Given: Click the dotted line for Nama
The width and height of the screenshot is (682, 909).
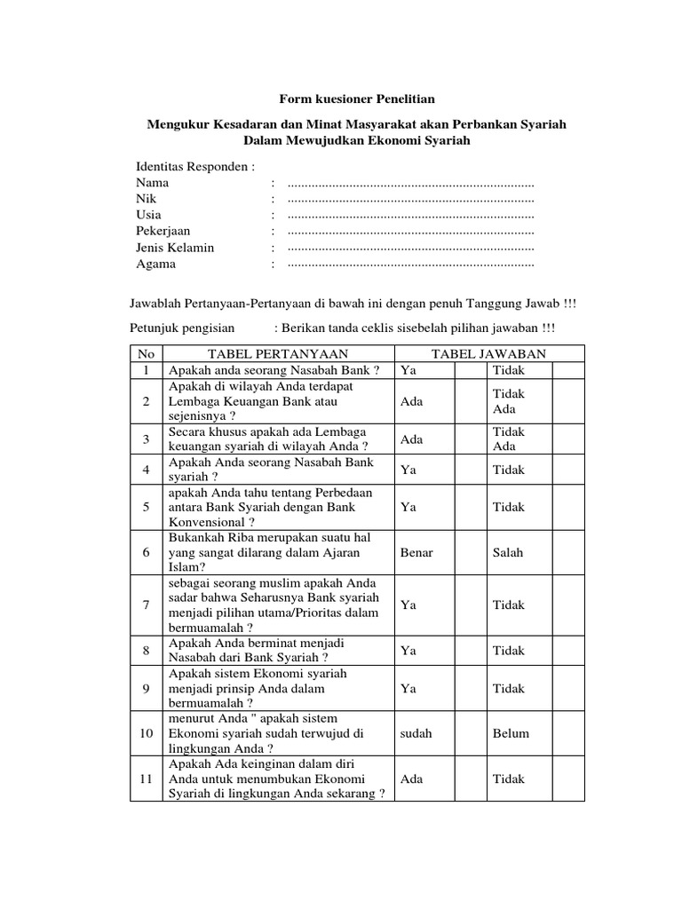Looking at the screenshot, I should pyautogui.click(x=411, y=183).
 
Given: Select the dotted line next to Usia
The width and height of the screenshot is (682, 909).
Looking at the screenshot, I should pyautogui.click(x=411, y=215).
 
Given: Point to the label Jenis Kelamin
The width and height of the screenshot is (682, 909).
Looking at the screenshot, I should pyautogui.click(x=175, y=248).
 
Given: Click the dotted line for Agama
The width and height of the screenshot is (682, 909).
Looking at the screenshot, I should pyautogui.click(x=411, y=264).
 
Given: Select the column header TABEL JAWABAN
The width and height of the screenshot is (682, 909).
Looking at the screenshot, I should pyautogui.click(x=489, y=353).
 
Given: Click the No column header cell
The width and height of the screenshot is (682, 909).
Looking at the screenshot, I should pyautogui.click(x=146, y=353).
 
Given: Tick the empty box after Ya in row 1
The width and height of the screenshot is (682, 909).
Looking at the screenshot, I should pyautogui.click(x=468, y=369).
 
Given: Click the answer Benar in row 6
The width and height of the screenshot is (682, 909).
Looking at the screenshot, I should pyautogui.click(x=416, y=552).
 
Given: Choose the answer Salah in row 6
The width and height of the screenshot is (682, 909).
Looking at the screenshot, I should pyautogui.click(x=508, y=552).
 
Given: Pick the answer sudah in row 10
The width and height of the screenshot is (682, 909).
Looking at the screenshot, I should pyautogui.click(x=416, y=733).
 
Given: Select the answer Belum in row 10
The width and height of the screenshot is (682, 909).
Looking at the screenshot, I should pyautogui.click(x=511, y=733).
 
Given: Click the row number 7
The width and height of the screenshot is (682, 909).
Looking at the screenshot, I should pyautogui.click(x=146, y=605).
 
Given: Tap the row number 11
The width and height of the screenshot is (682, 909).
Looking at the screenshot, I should pyautogui.click(x=146, y=779).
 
